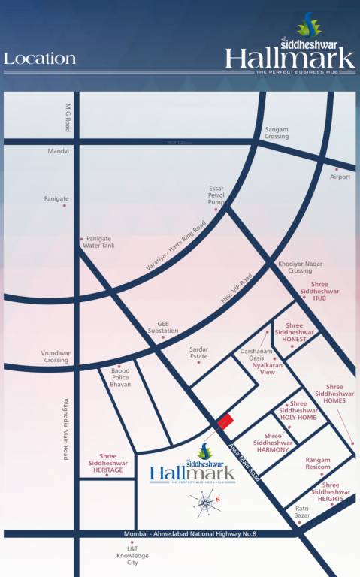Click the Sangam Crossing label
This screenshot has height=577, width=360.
[276, 133]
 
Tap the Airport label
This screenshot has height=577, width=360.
[340, 177]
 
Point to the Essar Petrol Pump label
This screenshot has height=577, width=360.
[216, 195]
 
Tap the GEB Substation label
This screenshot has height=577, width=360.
[163, 327]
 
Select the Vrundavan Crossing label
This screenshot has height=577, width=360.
[56, 356]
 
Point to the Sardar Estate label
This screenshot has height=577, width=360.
[199, 352]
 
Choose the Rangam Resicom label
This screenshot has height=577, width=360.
[318, 464]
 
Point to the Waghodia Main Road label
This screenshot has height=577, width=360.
[66, 429]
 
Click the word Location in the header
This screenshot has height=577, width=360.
[40, 59]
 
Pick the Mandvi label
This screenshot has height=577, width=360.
[59, 151]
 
